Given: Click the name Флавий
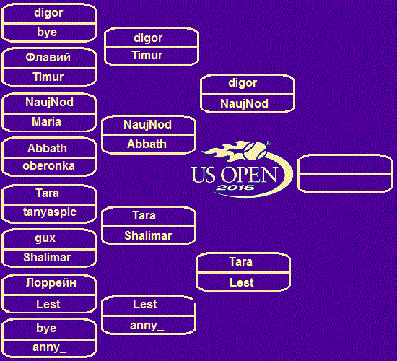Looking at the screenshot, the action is (x=48, y=58).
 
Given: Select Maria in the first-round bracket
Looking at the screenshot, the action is (x=47, y=122).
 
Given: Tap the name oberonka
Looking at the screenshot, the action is (x=48, y=166).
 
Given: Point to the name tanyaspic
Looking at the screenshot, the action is (x=50, y=212).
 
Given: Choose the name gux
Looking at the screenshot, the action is (x=45, y=238).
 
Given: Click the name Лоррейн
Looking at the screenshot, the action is (x=51, y=283).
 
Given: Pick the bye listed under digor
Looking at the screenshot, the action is (x=47, y=32).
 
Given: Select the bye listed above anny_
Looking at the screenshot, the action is (x=46, y=328).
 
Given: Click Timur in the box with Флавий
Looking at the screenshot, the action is (x=48, y=77).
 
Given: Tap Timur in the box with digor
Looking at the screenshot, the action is (x=147, y=56).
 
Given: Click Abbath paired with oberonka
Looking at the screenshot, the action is (x=47, y=148).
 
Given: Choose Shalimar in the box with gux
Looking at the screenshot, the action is (x=47, y=257).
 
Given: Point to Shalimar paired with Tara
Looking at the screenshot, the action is (x=148, y=235).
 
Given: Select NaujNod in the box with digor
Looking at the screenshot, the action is (x=244, y=104).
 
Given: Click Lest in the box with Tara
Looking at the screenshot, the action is (x=242, y=283).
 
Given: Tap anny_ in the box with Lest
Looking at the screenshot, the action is (x=147, y=326).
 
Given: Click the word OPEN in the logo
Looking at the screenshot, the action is (x=249, y=175).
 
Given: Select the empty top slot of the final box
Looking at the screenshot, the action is (x=345, y=165).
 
